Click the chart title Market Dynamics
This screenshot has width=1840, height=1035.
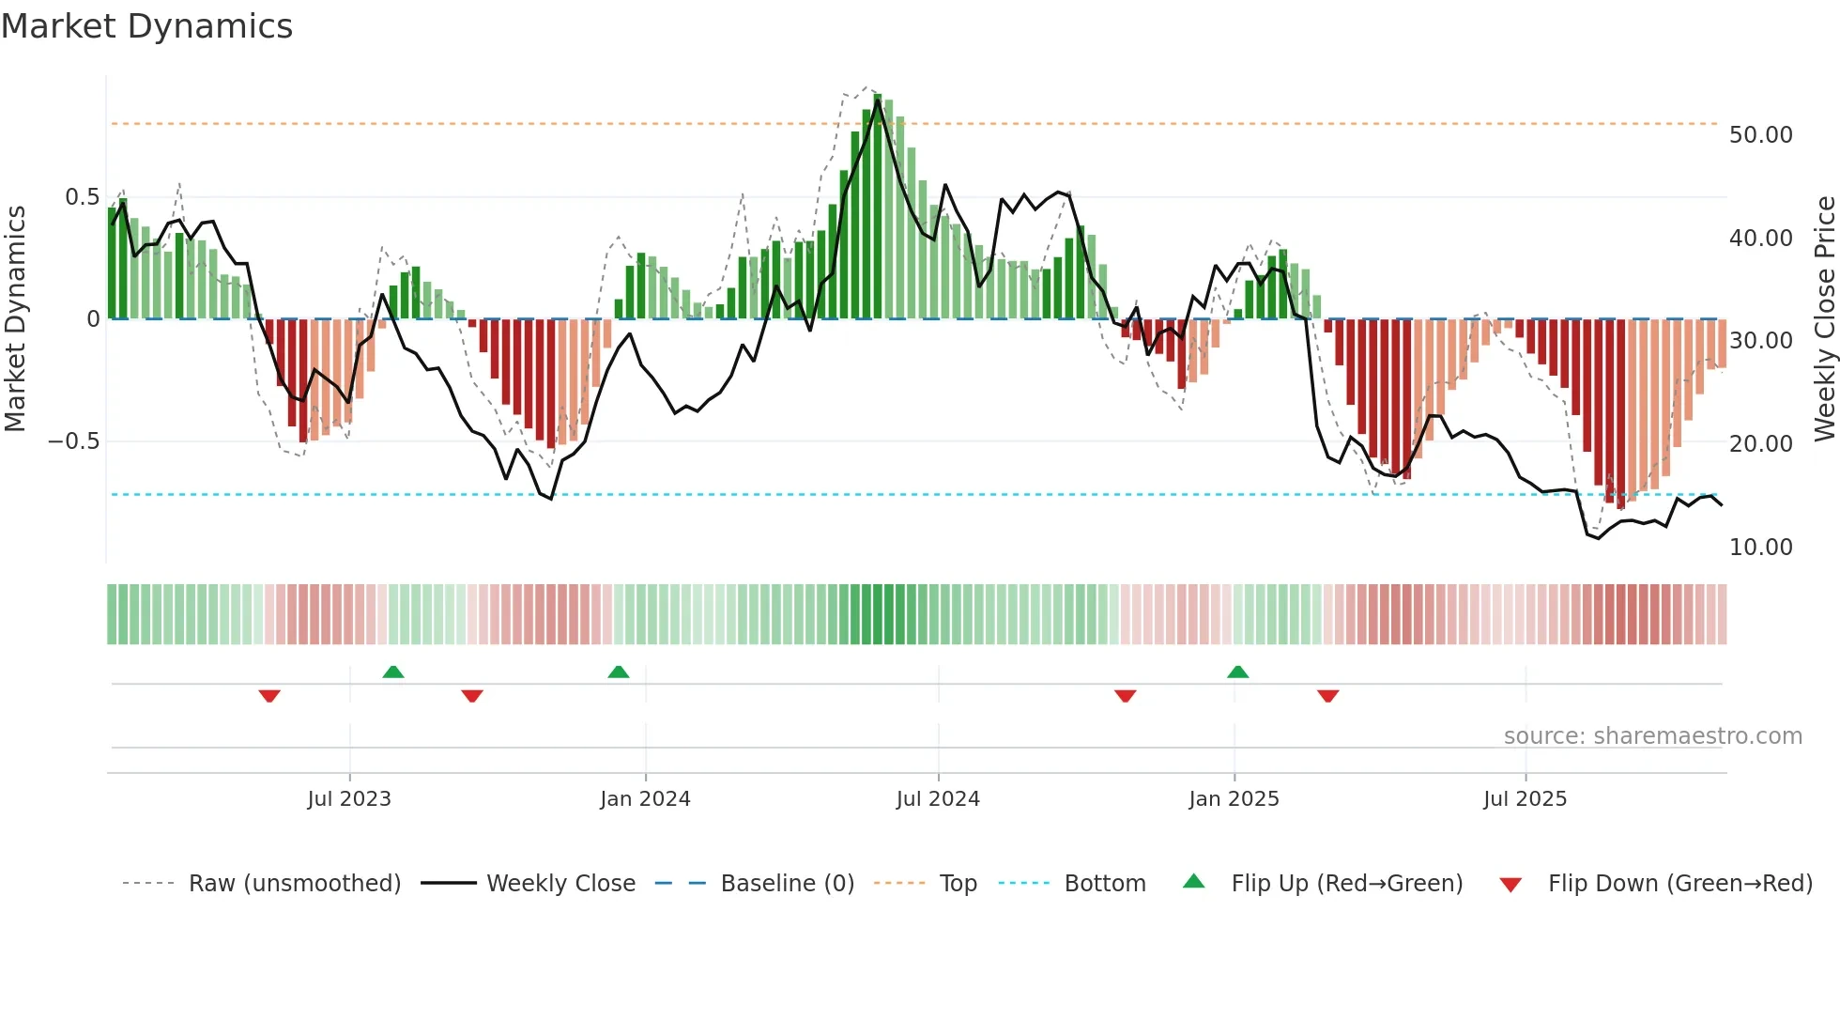pyautogui.click(x=147, y=26)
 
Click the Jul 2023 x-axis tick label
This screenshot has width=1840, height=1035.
pyautogui.click(x=349, y=799)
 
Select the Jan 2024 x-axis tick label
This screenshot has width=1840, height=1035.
pyautogui.click(x=645, y=799)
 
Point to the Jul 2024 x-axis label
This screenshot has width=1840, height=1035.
pyautogui.click(x=938, y=799)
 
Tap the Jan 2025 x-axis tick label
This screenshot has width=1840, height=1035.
pyautogui.click(x=1234, y=799)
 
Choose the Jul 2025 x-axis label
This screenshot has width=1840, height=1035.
pyautogui.click(x=1526, y=799)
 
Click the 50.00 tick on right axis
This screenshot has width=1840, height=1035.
pyautogui.click(x=1760, y=135)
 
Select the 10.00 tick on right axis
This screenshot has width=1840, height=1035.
pyautogui.click(x=1760, y=548)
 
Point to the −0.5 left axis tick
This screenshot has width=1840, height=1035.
pyautogui.click(x=74, y=441)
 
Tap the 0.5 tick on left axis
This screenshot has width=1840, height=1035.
pyautogui.click(x=82, y=197)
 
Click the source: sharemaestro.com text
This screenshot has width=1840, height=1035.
pyautogui.click(x=1652, y=736)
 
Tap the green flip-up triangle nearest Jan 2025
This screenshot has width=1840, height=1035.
pyautogui.click(x=1237, y=672)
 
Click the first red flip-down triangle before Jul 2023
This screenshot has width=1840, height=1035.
pyautogui.click(x=269, y=696)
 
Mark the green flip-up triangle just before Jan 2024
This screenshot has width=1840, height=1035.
pyautogui.click(x=618, y=672)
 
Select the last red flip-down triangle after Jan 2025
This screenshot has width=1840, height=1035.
pyautogui.click(x=1327, y=696)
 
